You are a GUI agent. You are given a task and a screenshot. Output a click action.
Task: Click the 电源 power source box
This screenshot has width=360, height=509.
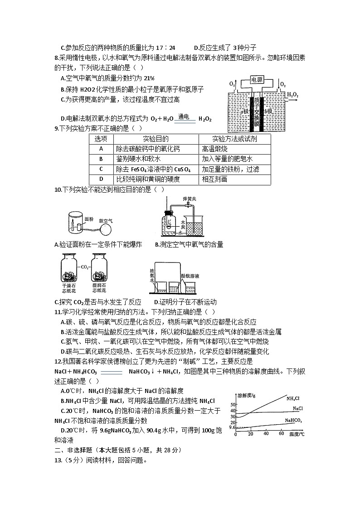[x=260, y=80]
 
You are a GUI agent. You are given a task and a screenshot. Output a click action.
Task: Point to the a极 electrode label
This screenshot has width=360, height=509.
[x=246, y=111]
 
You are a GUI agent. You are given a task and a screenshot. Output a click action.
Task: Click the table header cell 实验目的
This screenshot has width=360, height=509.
[x=156, y=139]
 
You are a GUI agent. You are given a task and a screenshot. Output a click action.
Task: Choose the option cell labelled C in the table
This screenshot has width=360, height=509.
[x=101, y=169]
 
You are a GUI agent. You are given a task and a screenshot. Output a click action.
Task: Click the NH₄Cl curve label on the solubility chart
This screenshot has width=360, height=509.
[x=293, y=398]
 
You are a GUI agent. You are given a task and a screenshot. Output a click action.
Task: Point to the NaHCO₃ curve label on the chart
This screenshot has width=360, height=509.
[x=293, y=420]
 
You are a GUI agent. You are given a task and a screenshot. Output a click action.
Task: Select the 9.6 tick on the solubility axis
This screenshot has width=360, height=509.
[x=232, y=427]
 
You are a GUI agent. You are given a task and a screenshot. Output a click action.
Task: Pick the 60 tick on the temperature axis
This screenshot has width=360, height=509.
[x=281, y=434]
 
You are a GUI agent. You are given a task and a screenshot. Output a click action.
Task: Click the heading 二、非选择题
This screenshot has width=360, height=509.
[x=73, y=450]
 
